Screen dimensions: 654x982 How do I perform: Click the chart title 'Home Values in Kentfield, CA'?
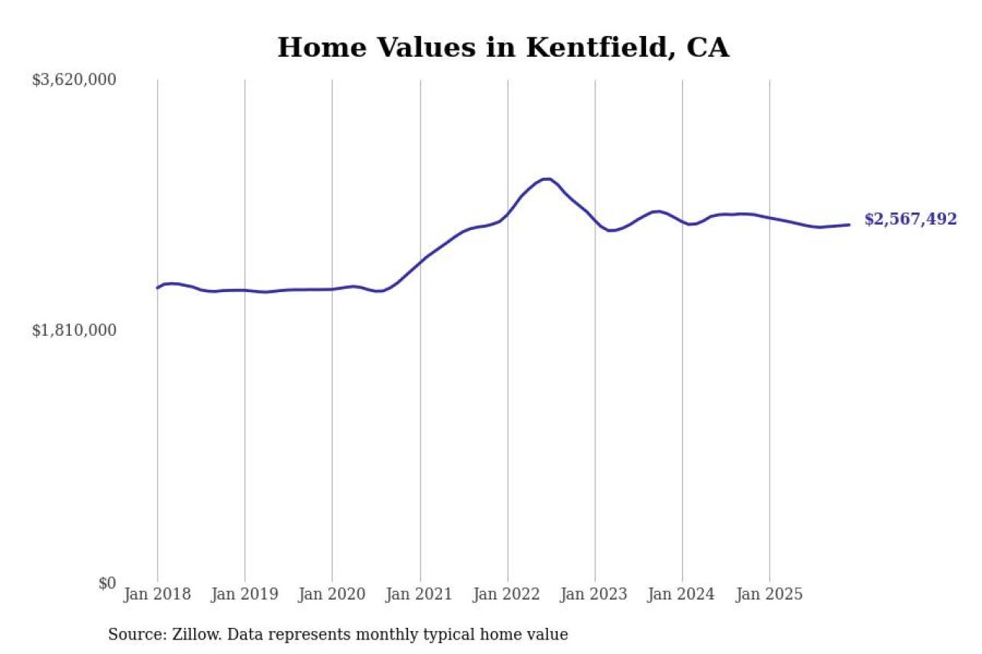(503, 48)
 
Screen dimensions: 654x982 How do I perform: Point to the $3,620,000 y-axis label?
(74, 80)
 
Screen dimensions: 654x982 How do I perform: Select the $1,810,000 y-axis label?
(74, 330)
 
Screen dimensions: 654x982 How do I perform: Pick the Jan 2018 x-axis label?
(157, 594)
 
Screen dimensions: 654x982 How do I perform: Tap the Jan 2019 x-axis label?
(245, 594)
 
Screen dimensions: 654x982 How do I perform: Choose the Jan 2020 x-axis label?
(332, 594)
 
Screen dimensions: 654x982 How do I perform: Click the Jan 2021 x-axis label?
(420, 594)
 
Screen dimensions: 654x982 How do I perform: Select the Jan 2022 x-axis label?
(507, 594)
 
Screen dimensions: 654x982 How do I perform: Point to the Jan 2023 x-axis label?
(595, 594)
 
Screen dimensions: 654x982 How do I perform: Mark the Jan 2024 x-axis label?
(682, 594)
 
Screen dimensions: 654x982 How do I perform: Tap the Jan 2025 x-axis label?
(769, 594)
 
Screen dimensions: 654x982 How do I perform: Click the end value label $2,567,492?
(911, 219)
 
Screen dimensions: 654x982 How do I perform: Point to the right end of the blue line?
(849, 225)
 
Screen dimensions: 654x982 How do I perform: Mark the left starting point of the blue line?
(157, 288)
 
